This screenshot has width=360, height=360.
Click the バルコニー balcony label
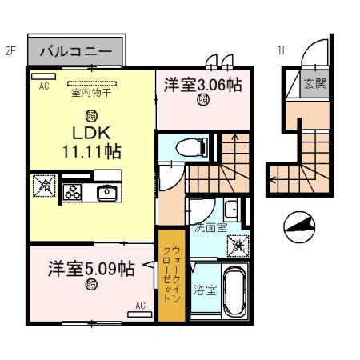point(77,52)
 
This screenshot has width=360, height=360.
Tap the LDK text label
point(90,132)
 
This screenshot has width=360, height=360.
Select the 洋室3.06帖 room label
point(203,84)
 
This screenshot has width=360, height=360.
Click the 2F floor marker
point(10,51)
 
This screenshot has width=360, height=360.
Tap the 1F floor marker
point(282,51)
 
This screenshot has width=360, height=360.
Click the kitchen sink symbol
point(106,191)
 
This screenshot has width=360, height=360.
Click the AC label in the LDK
point(45,88)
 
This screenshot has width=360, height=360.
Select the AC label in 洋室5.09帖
point(140,305)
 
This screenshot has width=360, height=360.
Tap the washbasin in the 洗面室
point(230,210)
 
